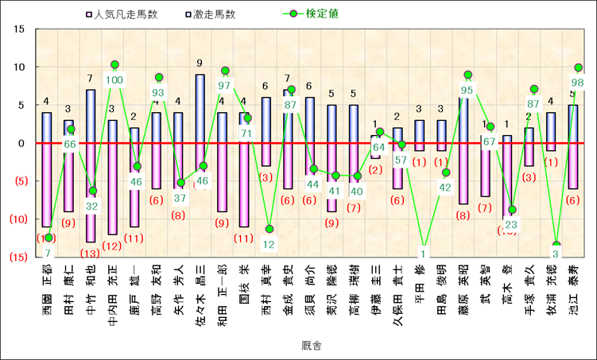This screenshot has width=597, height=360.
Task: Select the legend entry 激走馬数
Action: [x=212, y=14]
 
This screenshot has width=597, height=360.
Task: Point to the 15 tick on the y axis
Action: [x=20, y=29]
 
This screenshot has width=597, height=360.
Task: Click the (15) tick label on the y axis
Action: [x=17, y=257]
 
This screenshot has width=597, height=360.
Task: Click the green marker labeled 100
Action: [x=114, y=64]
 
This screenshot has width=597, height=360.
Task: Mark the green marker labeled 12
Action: [x=269, y=229]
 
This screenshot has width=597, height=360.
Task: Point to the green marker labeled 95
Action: [x=467, y=75]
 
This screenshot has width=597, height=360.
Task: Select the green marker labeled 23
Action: [x=513, y=210]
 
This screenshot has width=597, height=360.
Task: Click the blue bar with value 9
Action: [x=200, y=109]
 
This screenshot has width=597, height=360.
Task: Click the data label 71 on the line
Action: [x=247, y=133]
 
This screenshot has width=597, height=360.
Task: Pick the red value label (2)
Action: [x=375, y=168]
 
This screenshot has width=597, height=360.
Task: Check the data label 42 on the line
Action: [x=446, y=188]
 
